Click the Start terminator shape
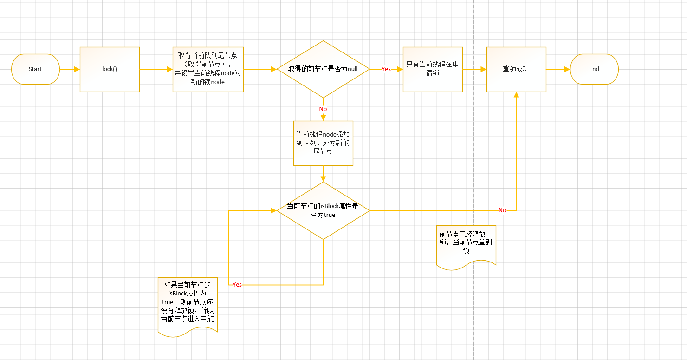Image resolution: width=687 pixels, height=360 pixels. (35, 69)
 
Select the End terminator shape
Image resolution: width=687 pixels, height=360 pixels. (594, 69)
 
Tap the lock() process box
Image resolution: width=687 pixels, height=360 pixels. (110, 69)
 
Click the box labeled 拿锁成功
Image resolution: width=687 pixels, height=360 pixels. (516, 69)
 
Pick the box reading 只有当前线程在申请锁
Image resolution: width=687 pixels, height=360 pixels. (433, 69)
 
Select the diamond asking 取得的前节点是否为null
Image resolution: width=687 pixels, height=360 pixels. (323, 69)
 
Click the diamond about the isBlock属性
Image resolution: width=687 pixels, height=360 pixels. (323, 210)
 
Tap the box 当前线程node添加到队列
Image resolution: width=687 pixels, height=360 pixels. (323, 143)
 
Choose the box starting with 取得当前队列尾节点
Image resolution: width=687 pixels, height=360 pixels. (208, 69)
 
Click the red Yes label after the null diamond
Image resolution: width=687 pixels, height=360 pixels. (386, 69)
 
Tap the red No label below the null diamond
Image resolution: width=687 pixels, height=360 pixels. (323, 109)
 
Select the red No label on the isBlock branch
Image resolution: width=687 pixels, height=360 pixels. (502, 210)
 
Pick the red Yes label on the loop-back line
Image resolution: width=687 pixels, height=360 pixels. (237, 285)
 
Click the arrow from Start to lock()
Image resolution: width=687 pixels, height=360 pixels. (70, 69)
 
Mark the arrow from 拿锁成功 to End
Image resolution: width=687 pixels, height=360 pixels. (558, 69)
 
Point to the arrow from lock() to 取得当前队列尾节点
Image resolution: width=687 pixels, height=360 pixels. (156, 69)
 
